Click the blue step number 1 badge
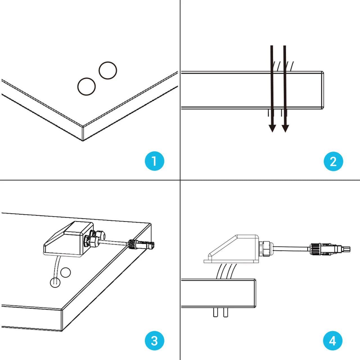pos(154,161)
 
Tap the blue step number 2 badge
pos(333,161)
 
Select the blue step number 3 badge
pos(154,341)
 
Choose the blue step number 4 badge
pos(333,341)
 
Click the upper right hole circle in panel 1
pos(108,70)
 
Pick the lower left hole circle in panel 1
pos(87,86)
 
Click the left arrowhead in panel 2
pos(272,128)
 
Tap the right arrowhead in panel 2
pos(285,128)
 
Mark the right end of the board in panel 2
pos(322,90)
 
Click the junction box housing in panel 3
pos(69,239)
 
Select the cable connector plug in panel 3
pos(141,244)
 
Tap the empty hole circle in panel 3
pos(66,272)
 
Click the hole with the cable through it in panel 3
pos(55,282)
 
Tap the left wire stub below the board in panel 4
pos(215,312)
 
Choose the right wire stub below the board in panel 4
pos(225,312)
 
